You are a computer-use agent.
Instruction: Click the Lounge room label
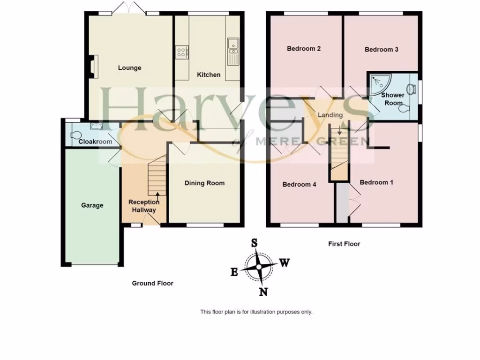(x=129, y=68)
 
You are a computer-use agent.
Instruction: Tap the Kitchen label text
(x=209, y=75)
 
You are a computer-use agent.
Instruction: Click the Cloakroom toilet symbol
(x=75, y=135)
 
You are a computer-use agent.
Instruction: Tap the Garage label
(x=92, y=205)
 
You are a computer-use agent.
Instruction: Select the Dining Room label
(x=204, y=183)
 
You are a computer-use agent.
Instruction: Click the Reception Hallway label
(x=143, y=206)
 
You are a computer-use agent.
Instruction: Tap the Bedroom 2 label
(x=304, y=48)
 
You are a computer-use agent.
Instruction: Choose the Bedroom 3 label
(x=382, y=49)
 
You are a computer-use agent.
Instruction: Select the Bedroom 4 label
(x=299, y=185)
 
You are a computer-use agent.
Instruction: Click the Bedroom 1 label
(x=376, y=182)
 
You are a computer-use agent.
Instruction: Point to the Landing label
(x=330, y=115)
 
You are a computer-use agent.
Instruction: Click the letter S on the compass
(x=255, y=243)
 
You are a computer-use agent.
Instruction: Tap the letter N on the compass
(x=263, y=292)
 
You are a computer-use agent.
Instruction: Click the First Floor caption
(x=344, y=244)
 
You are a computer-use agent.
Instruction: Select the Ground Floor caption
(x=152, y=283)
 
